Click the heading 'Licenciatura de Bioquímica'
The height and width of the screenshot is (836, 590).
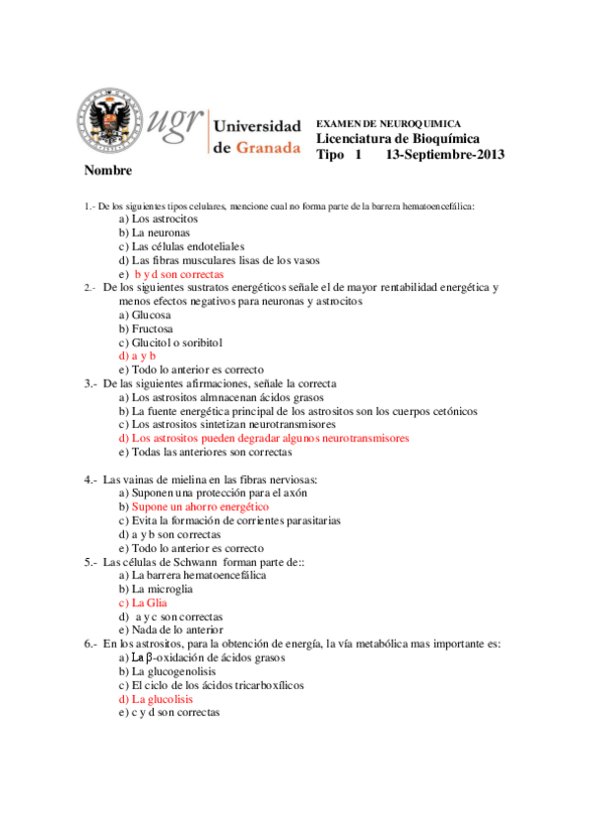[x=398, y=139]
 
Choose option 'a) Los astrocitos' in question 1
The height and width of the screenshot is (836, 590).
[x=158, y=218]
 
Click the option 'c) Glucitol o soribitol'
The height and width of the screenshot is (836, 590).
[x=170, y=342]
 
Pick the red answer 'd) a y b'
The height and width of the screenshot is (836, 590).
[x=137, y=356]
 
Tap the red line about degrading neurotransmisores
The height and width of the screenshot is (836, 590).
[x=263, y=438]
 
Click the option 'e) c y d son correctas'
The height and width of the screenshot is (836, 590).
[x=168, y=712]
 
